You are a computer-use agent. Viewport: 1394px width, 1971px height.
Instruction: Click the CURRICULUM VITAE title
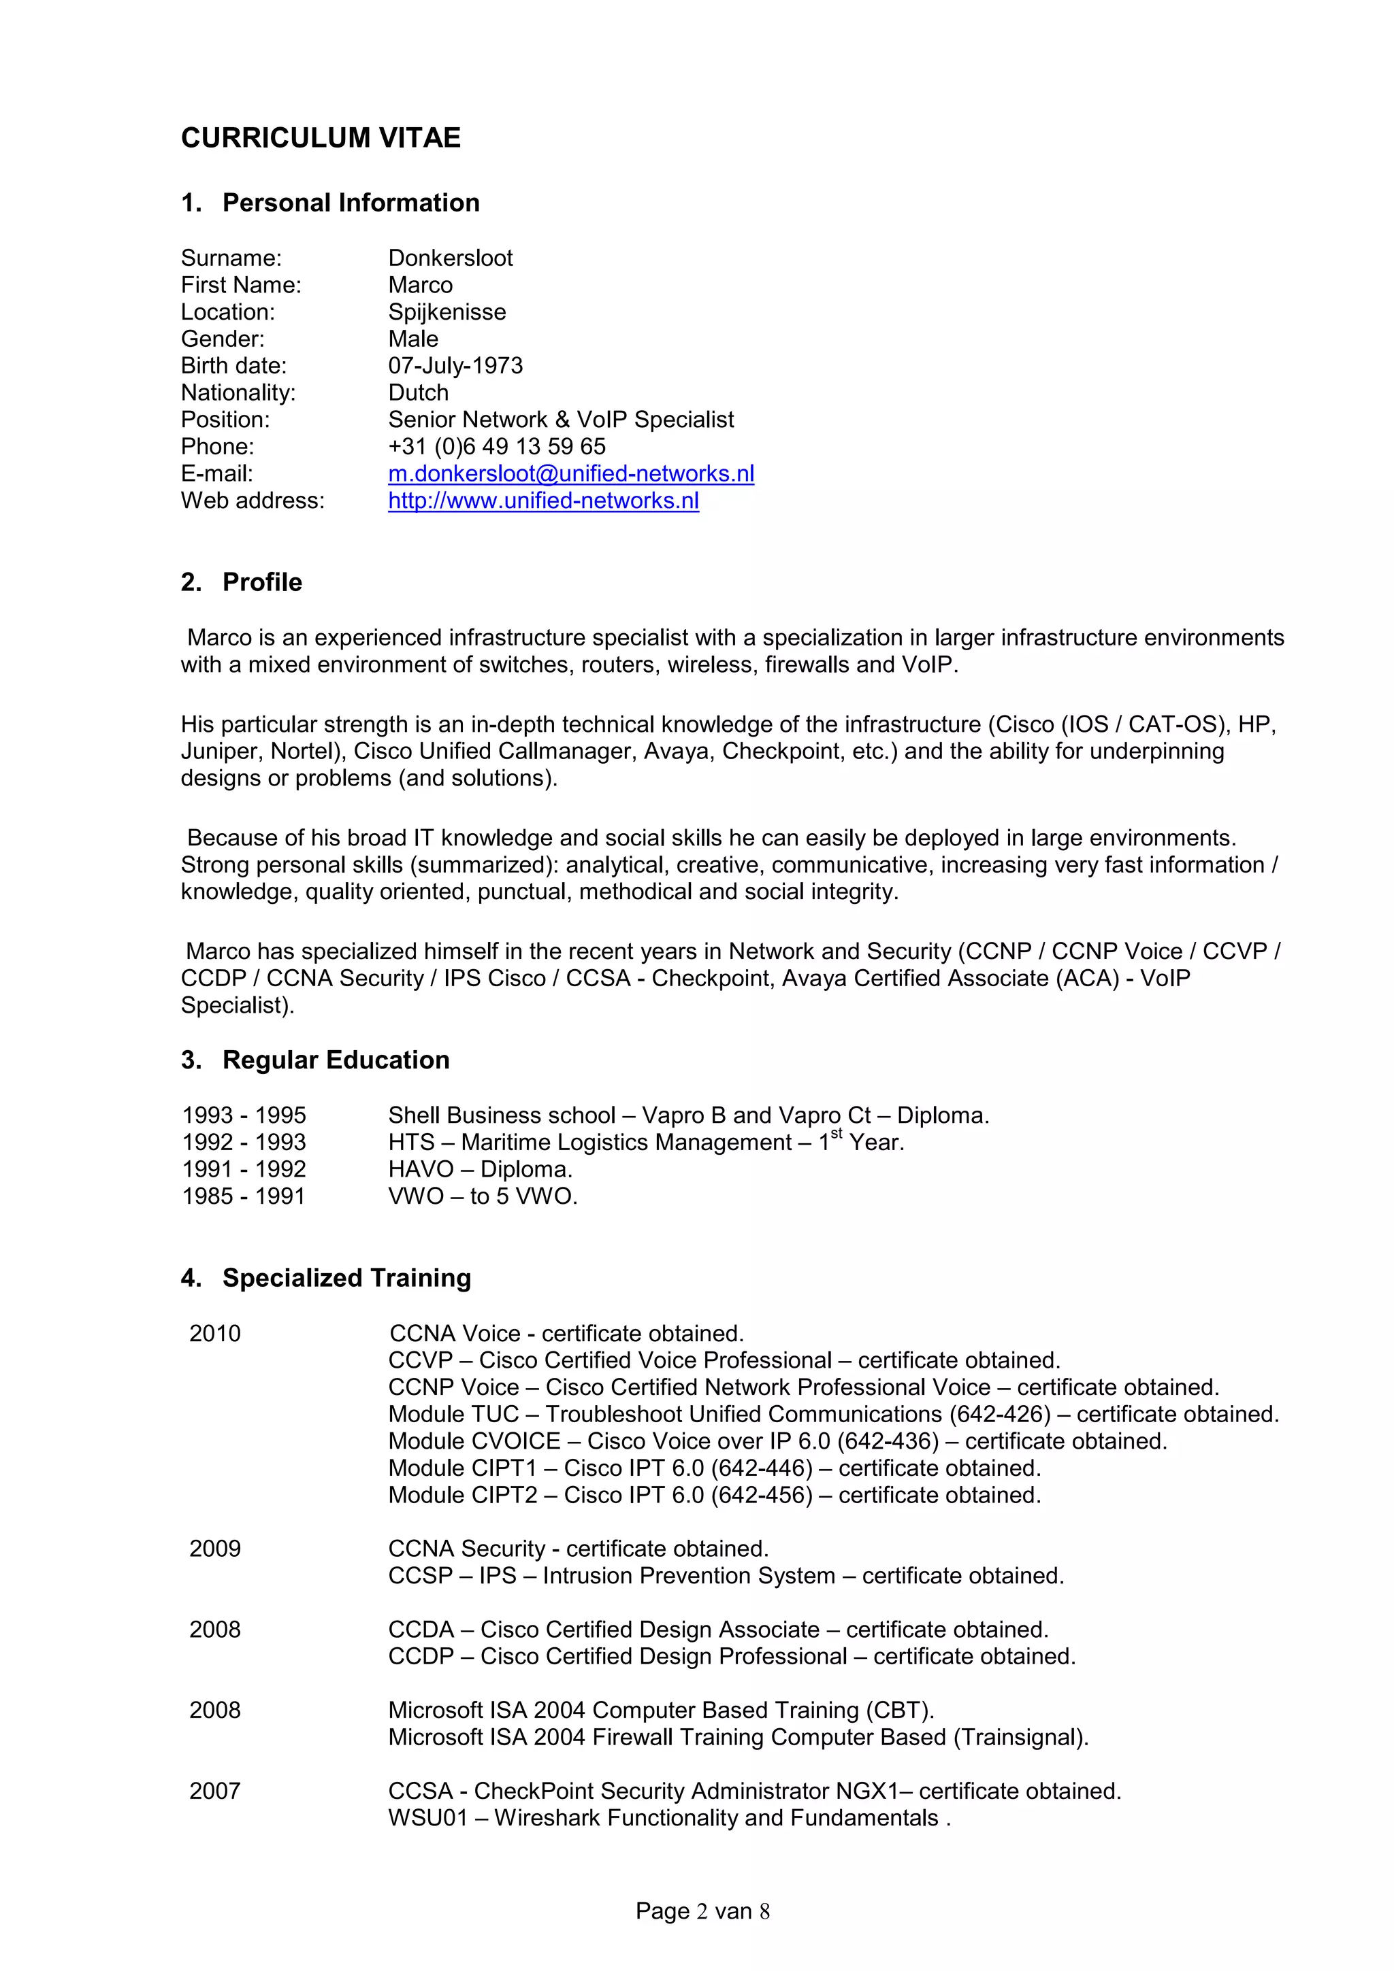click(x=321, y=138)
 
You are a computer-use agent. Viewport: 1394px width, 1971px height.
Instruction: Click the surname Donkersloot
click(x=450, y=258)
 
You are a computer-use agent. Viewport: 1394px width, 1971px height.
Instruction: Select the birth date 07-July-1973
click(x=455, y=366)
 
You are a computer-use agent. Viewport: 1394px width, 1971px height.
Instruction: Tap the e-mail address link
click(x=571, y=474)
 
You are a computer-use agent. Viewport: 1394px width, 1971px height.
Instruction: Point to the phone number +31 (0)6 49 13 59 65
click(x=496, y=446)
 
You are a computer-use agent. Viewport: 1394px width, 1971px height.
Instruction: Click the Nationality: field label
click(x=238, y=393)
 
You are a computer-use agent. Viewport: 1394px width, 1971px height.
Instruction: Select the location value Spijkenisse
click(x=447, y=312)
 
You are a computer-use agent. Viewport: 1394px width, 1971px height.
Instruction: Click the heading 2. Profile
click(x=242, y=582)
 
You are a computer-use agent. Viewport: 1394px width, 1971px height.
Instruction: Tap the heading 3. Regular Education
click(x=315, y=1060)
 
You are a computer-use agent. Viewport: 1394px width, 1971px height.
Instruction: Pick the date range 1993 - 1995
click(x=244, y=1115)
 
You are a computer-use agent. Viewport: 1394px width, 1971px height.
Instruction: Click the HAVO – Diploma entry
click(x=479, y=1169)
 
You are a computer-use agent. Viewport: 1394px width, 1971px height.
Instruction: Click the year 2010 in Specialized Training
click(x=214, y=1333)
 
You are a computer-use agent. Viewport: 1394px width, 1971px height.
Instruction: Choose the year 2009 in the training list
click(x=214, y=1549)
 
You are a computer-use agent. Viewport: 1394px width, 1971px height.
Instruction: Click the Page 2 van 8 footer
click(x=702, y=1912)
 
